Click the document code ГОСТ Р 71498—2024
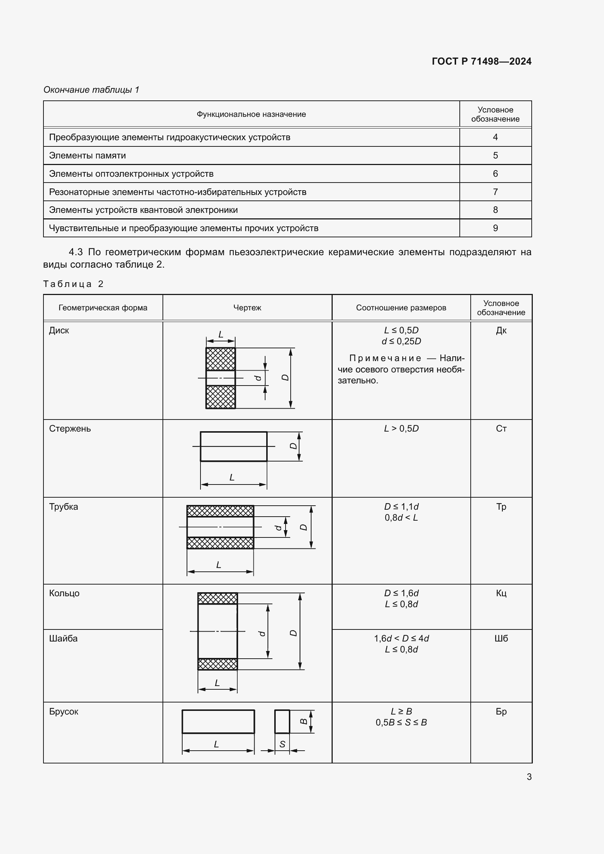coord(481,61)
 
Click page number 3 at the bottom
coord(529,777)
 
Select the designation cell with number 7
coord(495,192)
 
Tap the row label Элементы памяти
coord(87,156)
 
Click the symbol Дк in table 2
coord(501,330)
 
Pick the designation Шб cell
coord(501,638)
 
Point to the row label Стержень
coord(70,429)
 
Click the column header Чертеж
coord(247,307)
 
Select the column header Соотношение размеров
coord(401,307)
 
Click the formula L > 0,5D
coord(401,429)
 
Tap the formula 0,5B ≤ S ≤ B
coord(401,722)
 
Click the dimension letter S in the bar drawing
coord(282,744)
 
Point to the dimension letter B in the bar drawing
coord(304,721)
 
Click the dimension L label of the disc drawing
coord(221,334)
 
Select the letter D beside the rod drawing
coord(294,446)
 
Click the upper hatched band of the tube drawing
coord(220,511)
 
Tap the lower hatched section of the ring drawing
coord(218,664)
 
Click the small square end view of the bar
coord(282,721)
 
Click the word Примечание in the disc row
coord(385,358)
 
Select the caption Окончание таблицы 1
coord(91,90)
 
